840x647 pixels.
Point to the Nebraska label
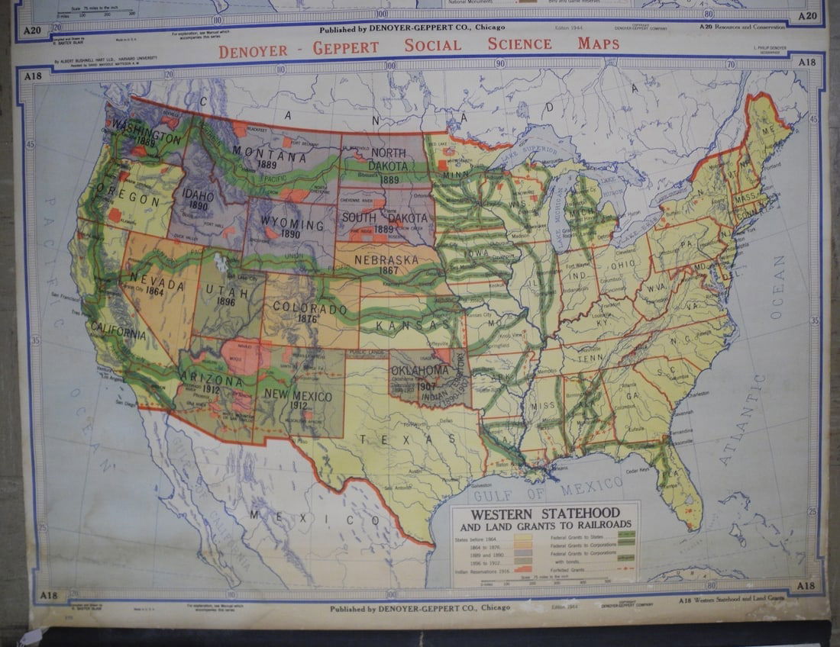386,260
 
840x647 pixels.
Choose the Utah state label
221,292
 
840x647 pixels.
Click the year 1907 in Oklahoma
425,386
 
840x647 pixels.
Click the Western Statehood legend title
544,513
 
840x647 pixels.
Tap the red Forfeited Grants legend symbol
625,570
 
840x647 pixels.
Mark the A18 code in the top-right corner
806,63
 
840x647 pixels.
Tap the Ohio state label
622,264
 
